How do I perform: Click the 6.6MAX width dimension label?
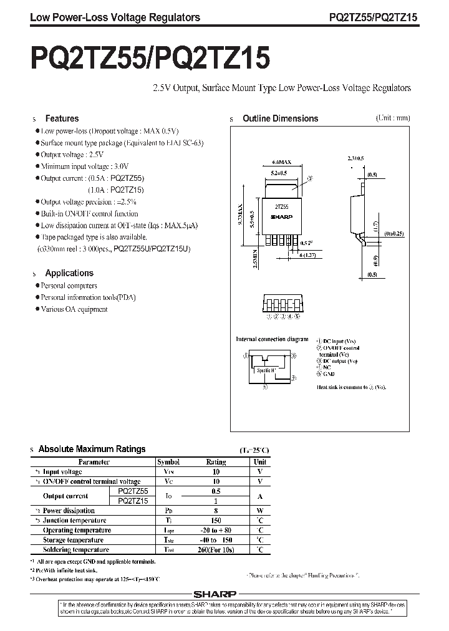pyautogui.click(x=282, y=161)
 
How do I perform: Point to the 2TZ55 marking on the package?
pyautogui.click(x=282, y=206)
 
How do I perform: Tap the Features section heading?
pyautogui.click(x=62, y=118)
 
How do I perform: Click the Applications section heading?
pyautogui.click(x=69, y=273)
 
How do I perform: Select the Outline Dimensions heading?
pyautogui.click(x=280, y=118)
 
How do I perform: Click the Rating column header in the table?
pyautogui.click(x=216, y=462)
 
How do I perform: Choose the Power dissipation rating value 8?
pyautogui.click(x=216, y=510)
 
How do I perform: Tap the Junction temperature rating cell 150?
pyautogui.click(x=216, y=520)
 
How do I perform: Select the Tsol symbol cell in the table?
pyautogui.click(x=168, y=550)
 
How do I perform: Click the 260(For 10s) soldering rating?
pyautogui.click(x=216, y=550)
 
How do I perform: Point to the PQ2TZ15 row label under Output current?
pyautogui.click(x=132, y=501)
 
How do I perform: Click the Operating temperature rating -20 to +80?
pyautogui.click(x=216, y=530)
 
